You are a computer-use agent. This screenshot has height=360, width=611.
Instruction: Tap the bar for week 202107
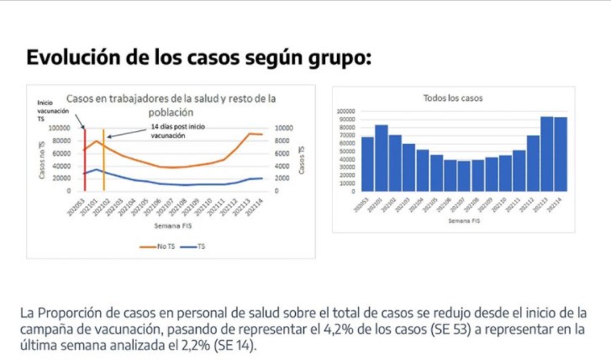463,176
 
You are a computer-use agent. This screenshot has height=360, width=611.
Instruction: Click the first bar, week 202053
367,164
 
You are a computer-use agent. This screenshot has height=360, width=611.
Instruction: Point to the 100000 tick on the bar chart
348,111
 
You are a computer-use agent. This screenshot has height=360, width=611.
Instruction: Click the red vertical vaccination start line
84,160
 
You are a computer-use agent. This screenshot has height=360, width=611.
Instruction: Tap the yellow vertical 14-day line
103,160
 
